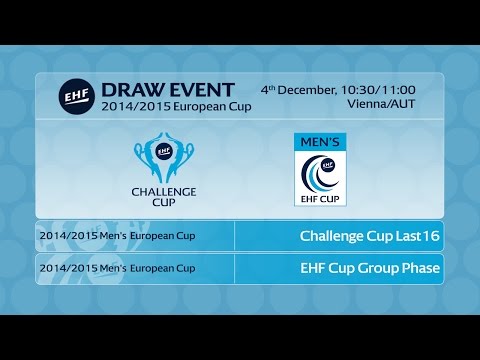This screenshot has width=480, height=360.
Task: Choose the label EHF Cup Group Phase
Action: (x=370, y=269)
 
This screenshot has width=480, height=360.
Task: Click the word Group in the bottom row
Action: (x=378, y=269)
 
